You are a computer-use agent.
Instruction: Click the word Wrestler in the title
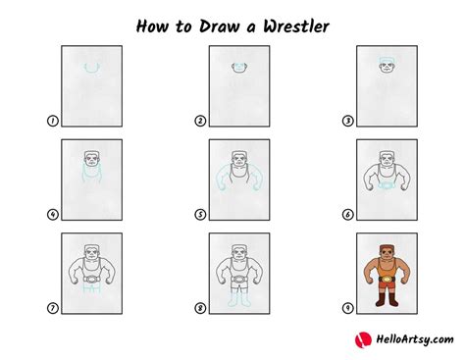[296, 26]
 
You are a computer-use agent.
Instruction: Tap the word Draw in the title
[220, 26]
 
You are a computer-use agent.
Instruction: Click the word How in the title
[152, 26]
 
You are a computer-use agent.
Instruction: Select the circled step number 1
[53, 121]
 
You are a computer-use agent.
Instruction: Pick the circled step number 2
[200, 121]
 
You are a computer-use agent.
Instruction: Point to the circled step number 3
[347, 121]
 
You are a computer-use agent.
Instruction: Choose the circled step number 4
[53, 215]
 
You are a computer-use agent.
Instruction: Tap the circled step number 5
[200, 215]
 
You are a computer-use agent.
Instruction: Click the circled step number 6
[347, 215]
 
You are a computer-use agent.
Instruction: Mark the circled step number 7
[53, 308]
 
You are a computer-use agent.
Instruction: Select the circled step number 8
[200, 308]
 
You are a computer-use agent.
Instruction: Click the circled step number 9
[347, 308]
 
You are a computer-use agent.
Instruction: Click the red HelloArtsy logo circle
[363, 340]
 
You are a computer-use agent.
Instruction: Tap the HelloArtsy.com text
[415, 339]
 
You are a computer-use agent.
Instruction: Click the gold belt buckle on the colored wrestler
[387, 280]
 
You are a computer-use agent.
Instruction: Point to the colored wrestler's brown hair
[387, 248]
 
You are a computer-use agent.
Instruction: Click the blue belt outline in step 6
[387, 185]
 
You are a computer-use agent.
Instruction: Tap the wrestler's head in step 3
[387, 65]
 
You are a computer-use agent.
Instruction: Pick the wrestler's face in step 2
[239, 68]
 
